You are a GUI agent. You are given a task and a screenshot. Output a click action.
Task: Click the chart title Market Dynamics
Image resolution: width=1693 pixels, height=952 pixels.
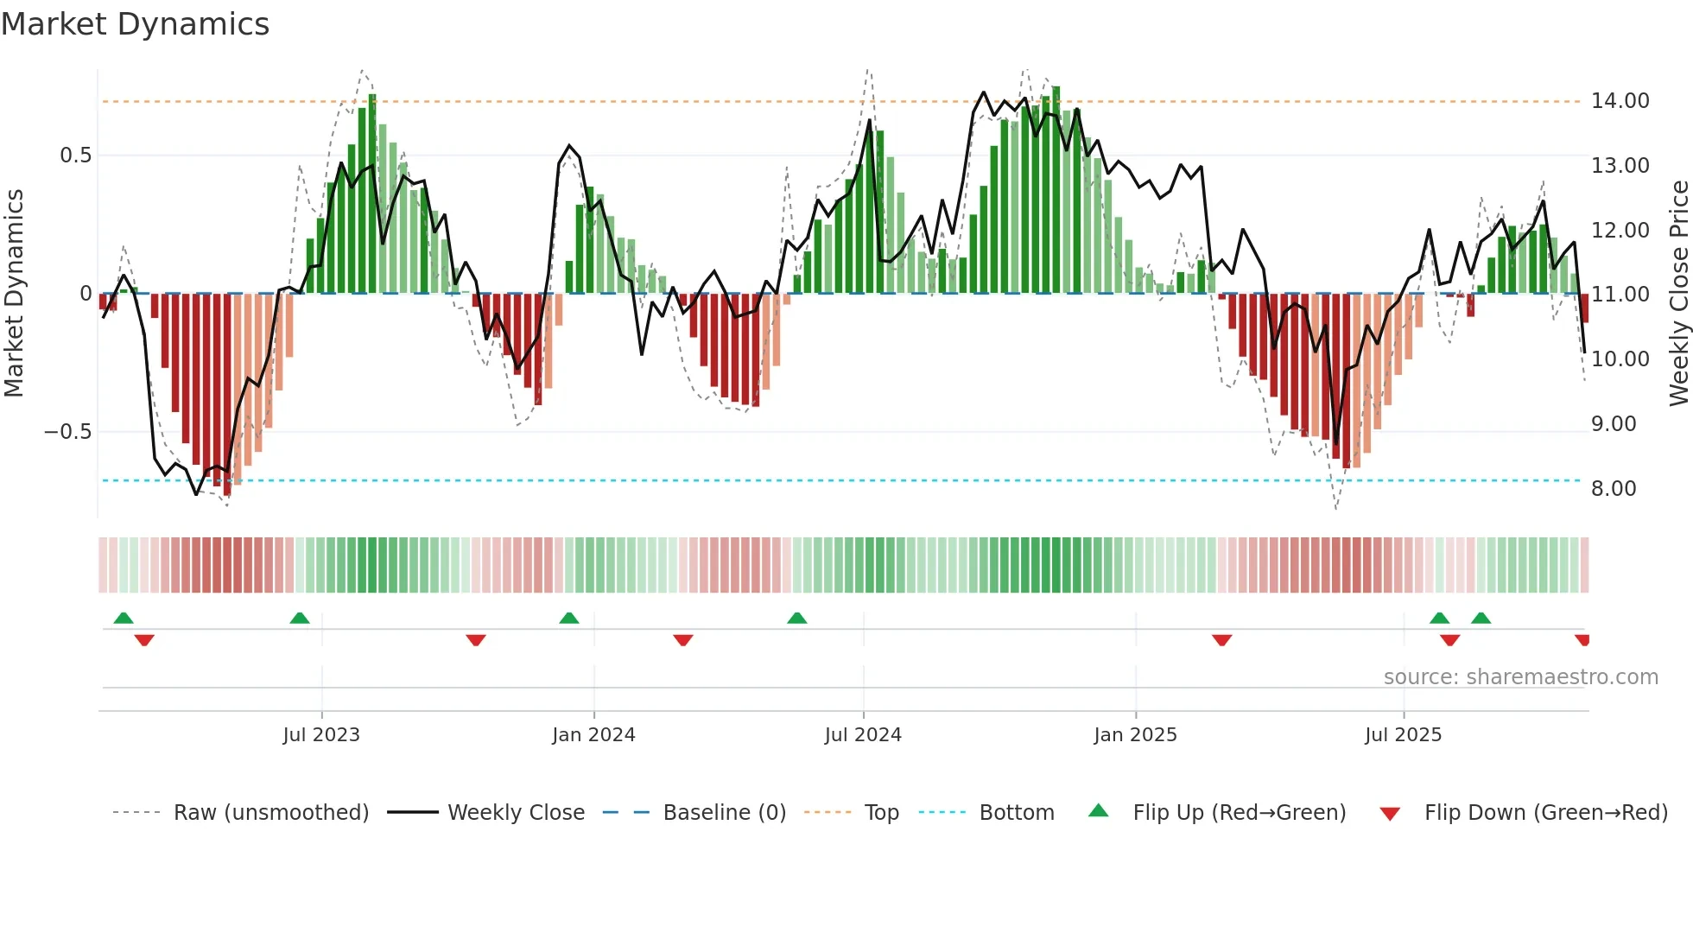[x=135, y=24]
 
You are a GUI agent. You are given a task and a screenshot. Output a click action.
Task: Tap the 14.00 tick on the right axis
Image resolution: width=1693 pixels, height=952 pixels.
[x=1620, y=101]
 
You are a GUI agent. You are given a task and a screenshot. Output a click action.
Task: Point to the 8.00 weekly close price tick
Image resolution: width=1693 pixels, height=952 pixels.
[x=1614, y=489]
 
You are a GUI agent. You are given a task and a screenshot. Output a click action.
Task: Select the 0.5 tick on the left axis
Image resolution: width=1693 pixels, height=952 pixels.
[x=75, y=155]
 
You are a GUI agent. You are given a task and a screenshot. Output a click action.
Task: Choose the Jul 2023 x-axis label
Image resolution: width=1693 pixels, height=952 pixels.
[x=320, y=735]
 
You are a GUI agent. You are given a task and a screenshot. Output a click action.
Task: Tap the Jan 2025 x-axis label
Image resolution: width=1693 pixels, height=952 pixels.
[x=1134, y=735]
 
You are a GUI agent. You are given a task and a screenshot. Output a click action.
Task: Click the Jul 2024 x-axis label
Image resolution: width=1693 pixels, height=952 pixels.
[x=862, y=735]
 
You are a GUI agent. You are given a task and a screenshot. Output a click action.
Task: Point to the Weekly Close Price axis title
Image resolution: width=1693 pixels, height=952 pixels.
[x=1678, y=294]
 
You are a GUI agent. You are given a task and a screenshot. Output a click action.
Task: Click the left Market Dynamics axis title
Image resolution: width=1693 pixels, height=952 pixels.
[x=14, y=294]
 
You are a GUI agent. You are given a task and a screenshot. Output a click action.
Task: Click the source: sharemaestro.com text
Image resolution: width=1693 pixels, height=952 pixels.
[x=1520, y=677]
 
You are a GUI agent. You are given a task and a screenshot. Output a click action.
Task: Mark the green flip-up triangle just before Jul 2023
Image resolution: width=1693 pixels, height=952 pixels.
[x=300, y=619]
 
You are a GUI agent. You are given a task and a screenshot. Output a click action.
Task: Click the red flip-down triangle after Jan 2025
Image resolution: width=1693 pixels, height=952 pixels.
[x=1221, y=640]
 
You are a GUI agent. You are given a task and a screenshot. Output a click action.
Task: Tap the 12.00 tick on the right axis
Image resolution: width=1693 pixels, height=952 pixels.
[x=1620, y=231]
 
